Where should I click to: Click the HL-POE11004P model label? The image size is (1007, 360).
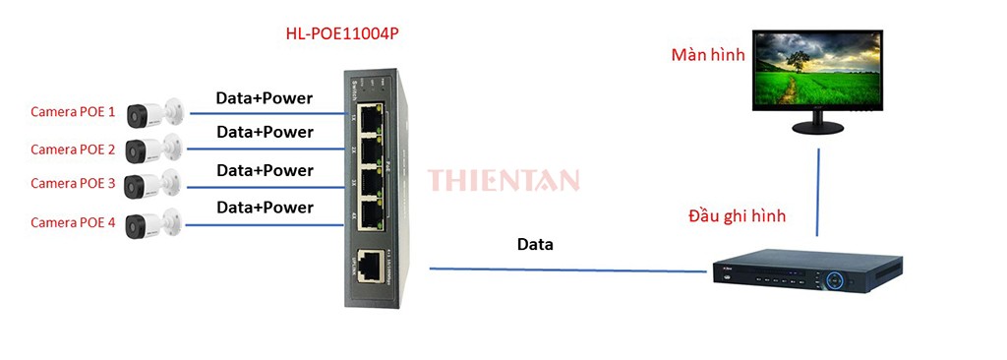[x=341, y=33]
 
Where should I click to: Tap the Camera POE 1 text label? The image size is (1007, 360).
[x=73, y=112]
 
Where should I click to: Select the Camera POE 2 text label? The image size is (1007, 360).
[x=73, y=150]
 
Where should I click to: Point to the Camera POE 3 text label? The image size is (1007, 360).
[x=73, y=184]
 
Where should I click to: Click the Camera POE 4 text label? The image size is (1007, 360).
[x=73, y=223]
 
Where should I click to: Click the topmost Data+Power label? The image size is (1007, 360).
[x=265, y=98]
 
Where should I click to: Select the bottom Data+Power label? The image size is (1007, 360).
[x=265, y=208]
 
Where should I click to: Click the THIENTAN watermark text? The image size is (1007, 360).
[x=503, y=180]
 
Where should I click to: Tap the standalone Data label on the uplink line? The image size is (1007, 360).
[x=535, y=244]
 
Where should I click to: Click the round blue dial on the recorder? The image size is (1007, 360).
[x=836, y=278]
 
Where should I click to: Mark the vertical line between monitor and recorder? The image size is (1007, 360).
[x=817, y=192]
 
